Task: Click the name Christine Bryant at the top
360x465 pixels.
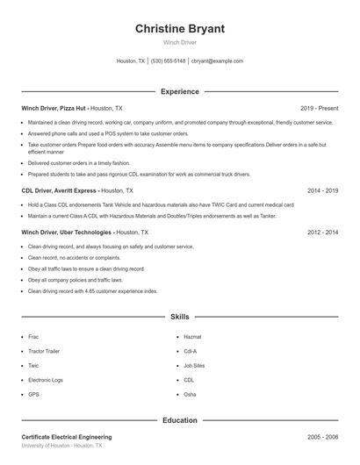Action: click(x=179, y=28)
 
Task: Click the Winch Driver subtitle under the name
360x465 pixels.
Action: click(x=179, y=43)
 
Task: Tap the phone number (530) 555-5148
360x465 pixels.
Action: click(x=169, y=61)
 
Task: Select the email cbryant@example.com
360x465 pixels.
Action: click(x=217, y=61)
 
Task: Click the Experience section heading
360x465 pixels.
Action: click(x=179, y=91)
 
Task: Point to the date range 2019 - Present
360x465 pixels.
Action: click(x=319, y=108)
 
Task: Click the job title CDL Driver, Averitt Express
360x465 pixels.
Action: click(x=58, y=190)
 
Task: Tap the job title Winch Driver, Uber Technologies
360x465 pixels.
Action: click(x=67, y=232)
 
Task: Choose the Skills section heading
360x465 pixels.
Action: click(x=179, y=316)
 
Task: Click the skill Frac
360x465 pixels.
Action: click(x=33, y=336)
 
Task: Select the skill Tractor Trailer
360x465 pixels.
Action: click(x=43, y=351)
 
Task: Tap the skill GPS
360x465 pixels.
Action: click(x=33, y=395)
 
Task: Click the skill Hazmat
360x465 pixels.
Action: click(x=192, y=336)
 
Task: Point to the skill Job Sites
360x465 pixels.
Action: click(x=194, y=365)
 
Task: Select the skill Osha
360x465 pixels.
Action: click(x=190, y=395)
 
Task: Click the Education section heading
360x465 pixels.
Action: click(x=179, y=420)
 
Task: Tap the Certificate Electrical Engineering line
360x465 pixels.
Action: click(x=67, y=437)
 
